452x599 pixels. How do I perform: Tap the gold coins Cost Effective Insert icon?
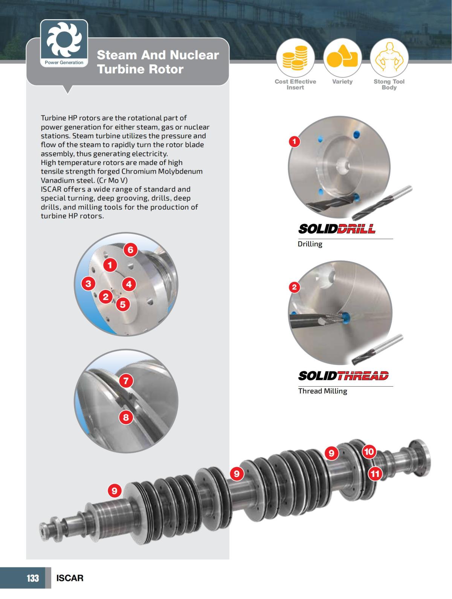coord(295,58)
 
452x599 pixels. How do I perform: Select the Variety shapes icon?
coord(342,58)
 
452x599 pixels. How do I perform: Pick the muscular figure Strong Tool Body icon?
coord(389,58)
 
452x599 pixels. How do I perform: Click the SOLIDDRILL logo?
coord(337,229)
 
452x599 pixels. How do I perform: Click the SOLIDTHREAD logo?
coord(343,376)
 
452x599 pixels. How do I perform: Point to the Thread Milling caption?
coord(322,391)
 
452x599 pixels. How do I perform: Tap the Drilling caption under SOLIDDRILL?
coord(310,244)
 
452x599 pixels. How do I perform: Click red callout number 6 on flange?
coord(130,250)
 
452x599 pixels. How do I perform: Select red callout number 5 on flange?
coord(123,304)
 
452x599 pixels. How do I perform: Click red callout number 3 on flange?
coord(88,283)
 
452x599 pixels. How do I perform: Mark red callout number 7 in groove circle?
coord(126,381)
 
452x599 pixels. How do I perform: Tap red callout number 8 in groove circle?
coord(126,417)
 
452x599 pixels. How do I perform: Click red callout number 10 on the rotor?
coord(369,451)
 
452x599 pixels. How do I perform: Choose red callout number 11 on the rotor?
coord(375,473)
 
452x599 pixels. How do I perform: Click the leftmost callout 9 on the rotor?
coord(115,490)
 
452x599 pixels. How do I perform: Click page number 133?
coord(33,578)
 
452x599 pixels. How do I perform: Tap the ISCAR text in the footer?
coord(70,578)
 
